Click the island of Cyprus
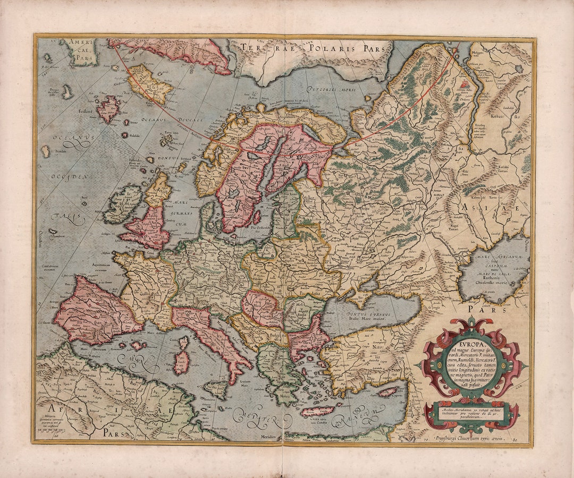387,392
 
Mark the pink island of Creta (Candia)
317,411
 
